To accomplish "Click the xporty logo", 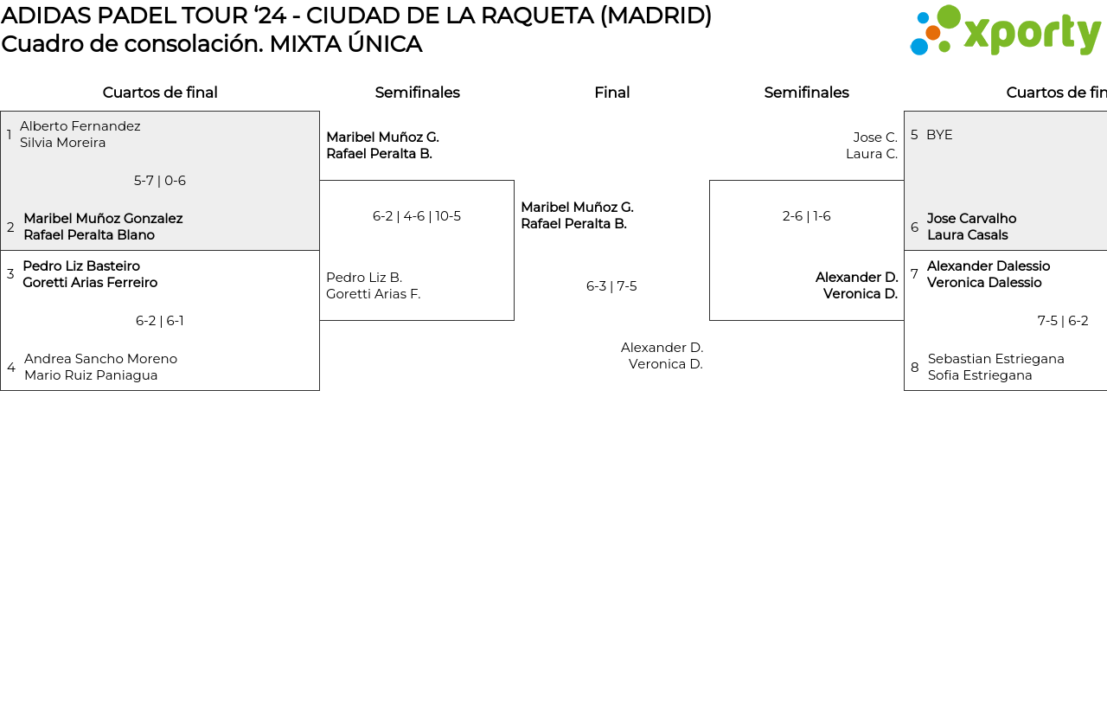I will pyautogui.click(x=1005, y=30).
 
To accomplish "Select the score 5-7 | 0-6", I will pyautogui.click(x=160, y=181).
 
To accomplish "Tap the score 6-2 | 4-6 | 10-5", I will pyautogui.click(x=417, y=216).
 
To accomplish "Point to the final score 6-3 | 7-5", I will pyautogui.click(x=611, y=286).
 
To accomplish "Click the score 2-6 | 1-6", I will pyautogui.click(x=807, y=216).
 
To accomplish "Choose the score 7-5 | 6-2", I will pyautogui.click(x=1063, y=321).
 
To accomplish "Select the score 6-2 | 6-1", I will pyautogui.click(x=160, y=321).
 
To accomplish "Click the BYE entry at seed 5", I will pyautogui.click(x=939, y=135).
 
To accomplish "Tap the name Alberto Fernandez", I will pyautogui.click(x=80, y=126).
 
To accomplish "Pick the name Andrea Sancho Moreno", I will pyautogui.click(x=100, y=359).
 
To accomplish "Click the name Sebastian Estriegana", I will pyautogui.click(x=996, y=359).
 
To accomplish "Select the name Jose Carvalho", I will pyautogui.click(x=971, y=219).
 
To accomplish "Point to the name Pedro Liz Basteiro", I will pyautogui.click(x=81, y=266).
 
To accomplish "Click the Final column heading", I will pyautogui.click(x=611, y=93).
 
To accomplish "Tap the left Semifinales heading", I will pyautogui.click(x=417, y=93).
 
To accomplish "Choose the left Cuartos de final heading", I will pyautogui.click(x=160, y=93).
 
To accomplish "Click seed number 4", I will pyautogui.click(x=11, y=368).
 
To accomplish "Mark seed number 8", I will pyautogui.click(x=915, y=368).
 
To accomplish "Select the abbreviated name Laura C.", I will pyautogui.click(x=872, y=154).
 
